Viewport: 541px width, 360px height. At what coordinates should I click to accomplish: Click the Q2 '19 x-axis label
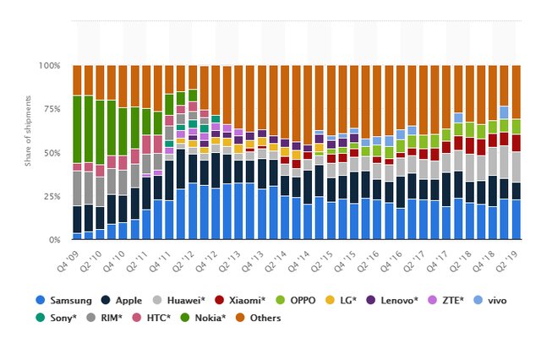pos(508,259)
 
